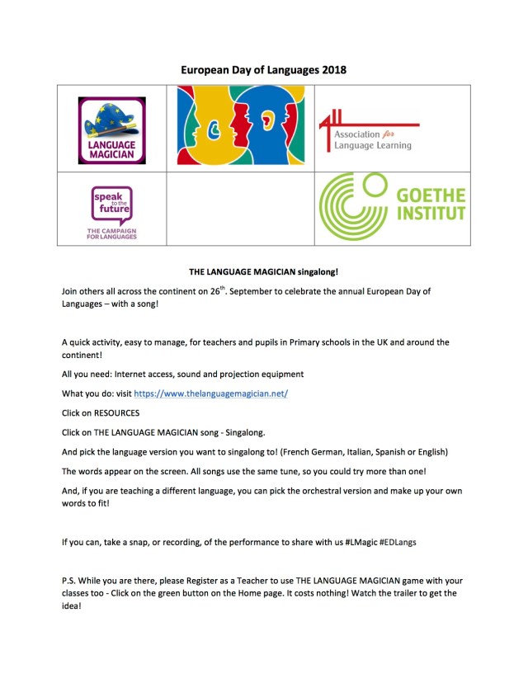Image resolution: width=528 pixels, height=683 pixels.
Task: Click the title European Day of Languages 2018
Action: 263,70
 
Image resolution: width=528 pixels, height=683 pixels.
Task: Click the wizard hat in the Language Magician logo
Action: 112,115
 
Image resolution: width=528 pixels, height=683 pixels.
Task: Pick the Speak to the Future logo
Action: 111,211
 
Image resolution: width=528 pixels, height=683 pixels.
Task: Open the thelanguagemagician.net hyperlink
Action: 210,394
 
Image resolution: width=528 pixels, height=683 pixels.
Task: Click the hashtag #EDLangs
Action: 394,543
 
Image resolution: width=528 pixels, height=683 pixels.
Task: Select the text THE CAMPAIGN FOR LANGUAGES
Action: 111,233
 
